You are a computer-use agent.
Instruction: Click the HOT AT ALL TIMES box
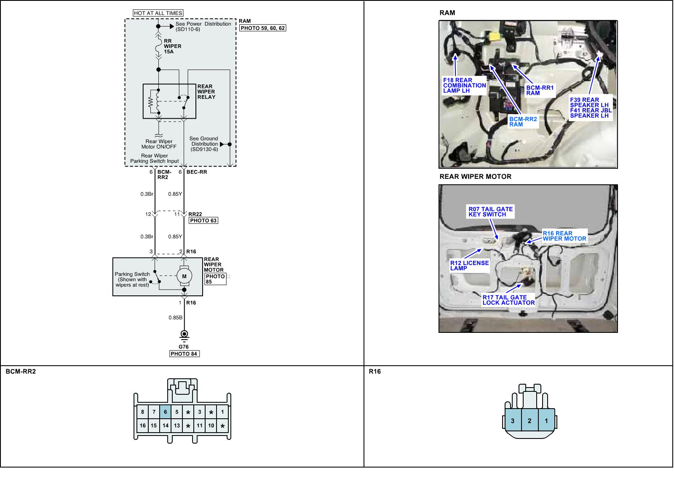coord(158,13)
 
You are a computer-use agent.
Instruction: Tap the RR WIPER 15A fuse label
coord(172,46)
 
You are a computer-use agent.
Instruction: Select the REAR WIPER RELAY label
coord(206,92)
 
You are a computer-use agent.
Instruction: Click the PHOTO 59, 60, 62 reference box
coord(262,28)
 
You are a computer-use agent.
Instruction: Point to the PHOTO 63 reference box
coord(203,221)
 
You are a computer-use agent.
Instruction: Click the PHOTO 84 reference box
coord(184,354)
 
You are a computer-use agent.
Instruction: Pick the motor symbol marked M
coord(184,276)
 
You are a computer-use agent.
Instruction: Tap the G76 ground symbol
coord(184,335)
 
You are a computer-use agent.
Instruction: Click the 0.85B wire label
coord(175,318)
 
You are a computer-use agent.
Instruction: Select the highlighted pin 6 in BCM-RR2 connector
coord(166,412)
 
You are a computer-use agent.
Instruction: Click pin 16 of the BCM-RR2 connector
coord(143,425)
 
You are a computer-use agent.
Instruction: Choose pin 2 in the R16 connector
coord(530,420)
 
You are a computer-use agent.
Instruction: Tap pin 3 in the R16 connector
coord(513,420)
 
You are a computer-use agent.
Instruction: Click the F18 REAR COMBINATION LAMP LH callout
coord(464,85)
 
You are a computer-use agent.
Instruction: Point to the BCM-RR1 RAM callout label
coord(540,90)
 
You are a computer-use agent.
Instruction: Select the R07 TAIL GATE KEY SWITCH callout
coord(490,212)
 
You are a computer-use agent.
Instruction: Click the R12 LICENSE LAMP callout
coord(469,266)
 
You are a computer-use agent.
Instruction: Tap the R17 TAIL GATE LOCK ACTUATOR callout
coord(508,300)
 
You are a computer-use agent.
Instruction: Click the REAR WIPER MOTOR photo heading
coord(475,177)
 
